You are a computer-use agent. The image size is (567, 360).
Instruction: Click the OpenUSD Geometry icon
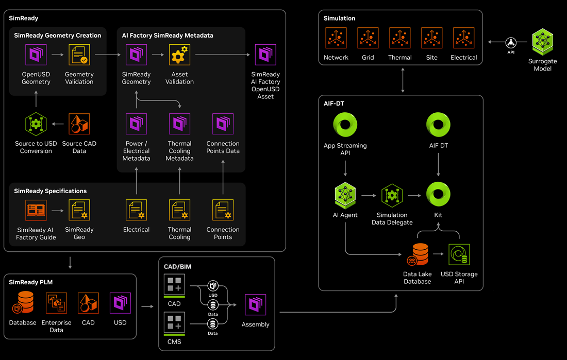click(x=36, y=55)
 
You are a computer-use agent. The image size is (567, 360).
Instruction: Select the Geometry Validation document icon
click(x=79, y=55)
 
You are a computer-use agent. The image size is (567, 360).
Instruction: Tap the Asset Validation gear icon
click(x=179, y=55)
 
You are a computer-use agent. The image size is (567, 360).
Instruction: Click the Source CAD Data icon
click(x=79, y=124)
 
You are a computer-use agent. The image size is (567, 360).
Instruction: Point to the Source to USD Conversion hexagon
click(x=36, y=124)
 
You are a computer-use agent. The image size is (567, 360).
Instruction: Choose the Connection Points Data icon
click(x=223, y=124)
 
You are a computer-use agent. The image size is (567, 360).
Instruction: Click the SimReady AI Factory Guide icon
click(x=36, y=211)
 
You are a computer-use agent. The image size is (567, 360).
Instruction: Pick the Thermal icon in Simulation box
click(x=400, y=38)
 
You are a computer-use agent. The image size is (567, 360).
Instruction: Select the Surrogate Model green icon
click(x=542, y=42)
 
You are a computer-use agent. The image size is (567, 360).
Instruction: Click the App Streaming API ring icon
click(x=345, y=125)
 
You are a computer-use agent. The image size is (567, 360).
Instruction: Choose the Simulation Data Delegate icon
click(x=392, y=196)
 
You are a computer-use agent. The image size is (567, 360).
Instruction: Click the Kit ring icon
click(x=438, y=194)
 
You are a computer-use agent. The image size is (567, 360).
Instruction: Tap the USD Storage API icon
click(x=459, y=254)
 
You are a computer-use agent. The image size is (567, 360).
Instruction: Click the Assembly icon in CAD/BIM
click(x=255, y=305)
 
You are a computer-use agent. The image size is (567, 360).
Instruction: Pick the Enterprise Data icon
click(x=56, y=303)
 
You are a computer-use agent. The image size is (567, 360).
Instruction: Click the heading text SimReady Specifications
click(x=51, y=191)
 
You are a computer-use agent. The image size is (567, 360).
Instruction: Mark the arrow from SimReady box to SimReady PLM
click(x=70, y=263)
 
